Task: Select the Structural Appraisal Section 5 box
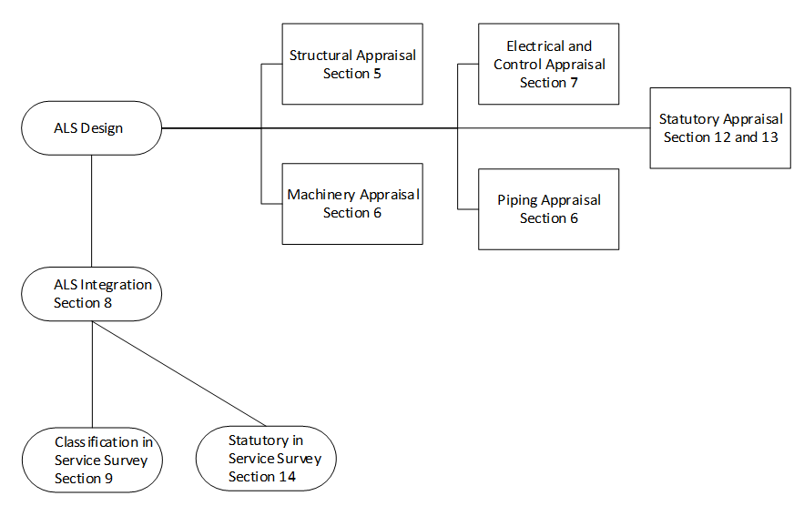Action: click(352, 64)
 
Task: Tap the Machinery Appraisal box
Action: click(352, 204)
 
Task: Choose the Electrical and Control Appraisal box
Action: click(549, 64)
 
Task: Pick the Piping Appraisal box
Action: click(549, 209)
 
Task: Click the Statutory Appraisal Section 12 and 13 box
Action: click(720, 128)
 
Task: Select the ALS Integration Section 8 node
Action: click(92, 293)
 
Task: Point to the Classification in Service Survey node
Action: click(92, 460)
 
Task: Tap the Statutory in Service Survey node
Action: click(265, 458)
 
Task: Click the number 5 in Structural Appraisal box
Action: click(377, 73)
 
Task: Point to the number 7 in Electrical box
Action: click(574, 83)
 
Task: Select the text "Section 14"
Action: click(262, 477)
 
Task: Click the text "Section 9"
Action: click(83, 479)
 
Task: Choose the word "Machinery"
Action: click(321, 195)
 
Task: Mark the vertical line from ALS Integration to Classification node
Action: click(92, 372)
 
